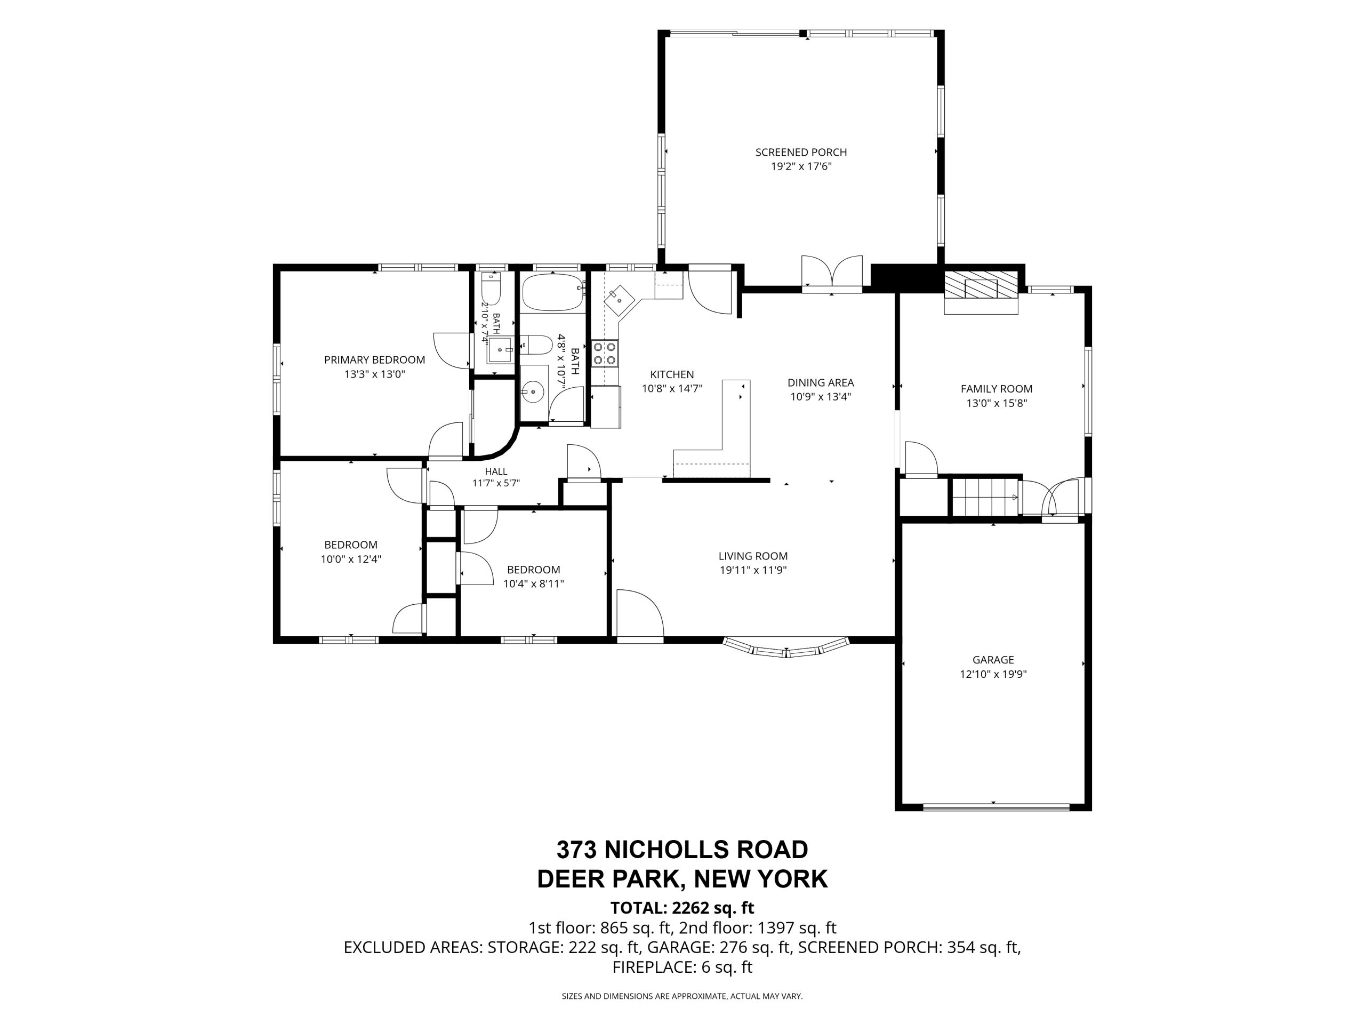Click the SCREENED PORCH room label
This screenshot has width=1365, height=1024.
point(801,153)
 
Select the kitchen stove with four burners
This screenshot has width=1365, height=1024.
point(605,354)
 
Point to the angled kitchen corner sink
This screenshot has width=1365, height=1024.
point(619,301)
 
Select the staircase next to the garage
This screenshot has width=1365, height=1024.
point(985,496)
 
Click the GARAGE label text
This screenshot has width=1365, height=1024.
point(993,660)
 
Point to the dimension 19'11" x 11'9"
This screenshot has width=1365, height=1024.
point(753,570)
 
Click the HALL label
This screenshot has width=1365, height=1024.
point(496,471)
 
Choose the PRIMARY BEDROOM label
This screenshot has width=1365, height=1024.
point(374,360)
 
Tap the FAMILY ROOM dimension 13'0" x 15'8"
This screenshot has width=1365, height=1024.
point(997,404)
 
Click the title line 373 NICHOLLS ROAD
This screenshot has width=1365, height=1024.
point(682,850)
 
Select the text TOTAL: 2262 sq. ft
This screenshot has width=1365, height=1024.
point(682,908)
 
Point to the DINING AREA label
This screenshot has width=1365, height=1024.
point(821,383)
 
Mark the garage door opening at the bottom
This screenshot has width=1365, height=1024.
point(996,807)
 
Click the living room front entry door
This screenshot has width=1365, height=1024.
point(640,613)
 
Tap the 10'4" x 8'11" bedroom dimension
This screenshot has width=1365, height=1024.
point(534,584)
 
